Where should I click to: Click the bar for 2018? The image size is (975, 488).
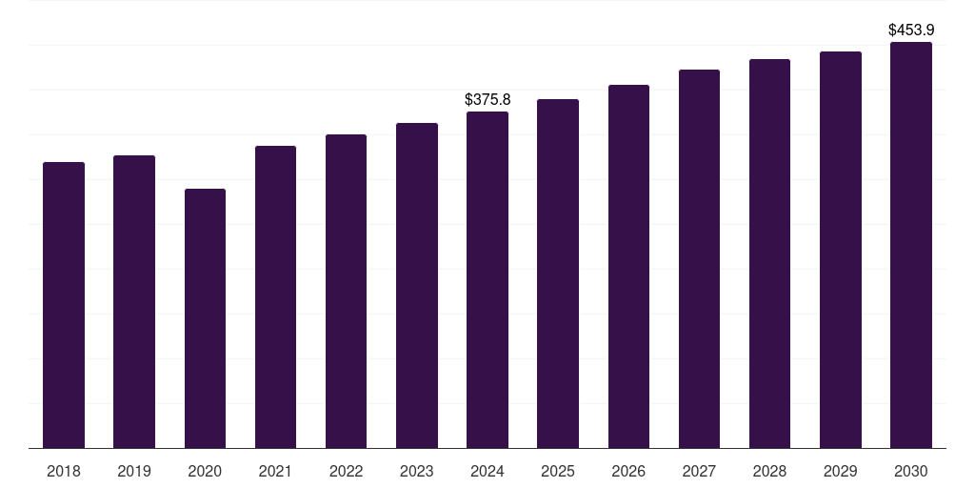point(64,305)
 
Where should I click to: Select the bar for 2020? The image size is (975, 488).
point(205,318)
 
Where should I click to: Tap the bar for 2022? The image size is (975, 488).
point(346,291)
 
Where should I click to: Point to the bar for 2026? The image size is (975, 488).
point(628,266)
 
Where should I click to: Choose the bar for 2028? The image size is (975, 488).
point(769,254)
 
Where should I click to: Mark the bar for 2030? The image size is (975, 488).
point(911,245)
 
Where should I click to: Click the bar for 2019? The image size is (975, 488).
point(134,301)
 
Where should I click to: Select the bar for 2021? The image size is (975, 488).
point(275,296)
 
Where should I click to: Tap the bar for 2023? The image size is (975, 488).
point(417,285)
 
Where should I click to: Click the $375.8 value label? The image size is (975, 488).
point(487,99)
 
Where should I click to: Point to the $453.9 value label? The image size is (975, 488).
point(911,30)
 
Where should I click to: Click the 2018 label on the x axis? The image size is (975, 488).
point(64,471)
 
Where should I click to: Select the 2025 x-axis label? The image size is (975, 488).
point(558,471)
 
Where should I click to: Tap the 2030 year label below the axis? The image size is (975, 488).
point(911,471)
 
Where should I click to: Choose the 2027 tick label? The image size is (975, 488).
point(699,471)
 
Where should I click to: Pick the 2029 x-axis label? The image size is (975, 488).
point(841,471)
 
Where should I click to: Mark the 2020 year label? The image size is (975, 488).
point(205,471)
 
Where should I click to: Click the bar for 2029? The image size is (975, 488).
point(841,250)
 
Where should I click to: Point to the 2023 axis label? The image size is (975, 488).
point(417,471)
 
